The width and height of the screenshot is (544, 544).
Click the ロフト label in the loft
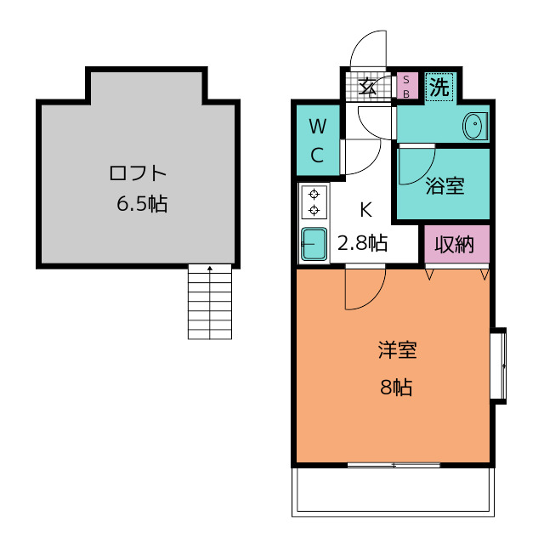138,173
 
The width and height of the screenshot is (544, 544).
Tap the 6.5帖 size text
142,203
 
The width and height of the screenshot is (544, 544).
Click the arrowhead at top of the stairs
210,268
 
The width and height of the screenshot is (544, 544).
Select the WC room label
318,140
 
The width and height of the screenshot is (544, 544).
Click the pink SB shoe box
407,86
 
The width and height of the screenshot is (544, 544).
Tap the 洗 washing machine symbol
439,87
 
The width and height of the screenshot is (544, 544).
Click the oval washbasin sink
473,126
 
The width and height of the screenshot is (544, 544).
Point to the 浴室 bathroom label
445,185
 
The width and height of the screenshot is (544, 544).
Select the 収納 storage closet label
455,245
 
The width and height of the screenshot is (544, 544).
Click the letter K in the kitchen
366,210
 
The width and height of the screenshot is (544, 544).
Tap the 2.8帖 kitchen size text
363,242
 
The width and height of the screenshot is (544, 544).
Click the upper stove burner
314,195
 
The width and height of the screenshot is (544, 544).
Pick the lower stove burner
314,210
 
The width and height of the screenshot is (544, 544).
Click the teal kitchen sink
314,244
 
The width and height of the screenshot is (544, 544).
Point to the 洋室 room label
397,349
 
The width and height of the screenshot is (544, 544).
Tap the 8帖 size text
396,388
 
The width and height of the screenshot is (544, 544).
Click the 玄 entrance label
367,87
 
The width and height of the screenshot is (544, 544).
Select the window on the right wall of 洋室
498,365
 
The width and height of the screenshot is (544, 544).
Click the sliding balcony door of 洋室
394,465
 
